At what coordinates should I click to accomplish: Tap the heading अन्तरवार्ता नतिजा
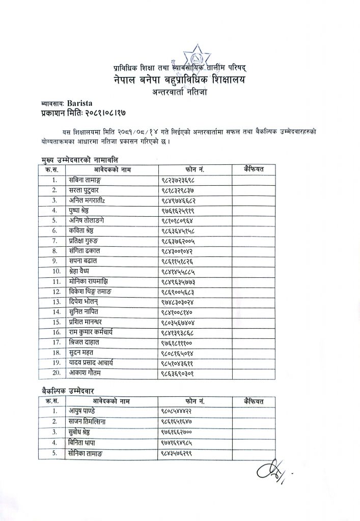181,92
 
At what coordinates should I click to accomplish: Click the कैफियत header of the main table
254,169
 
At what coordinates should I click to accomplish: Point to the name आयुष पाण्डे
83,411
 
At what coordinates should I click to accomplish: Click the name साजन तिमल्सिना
89,421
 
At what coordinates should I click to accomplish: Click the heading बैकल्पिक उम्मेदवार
71,391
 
